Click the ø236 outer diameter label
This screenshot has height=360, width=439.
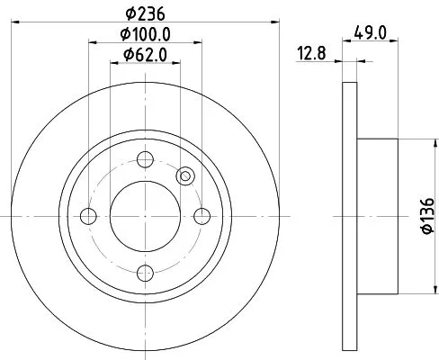(144, 13)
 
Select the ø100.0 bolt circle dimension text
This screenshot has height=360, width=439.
(146, 36)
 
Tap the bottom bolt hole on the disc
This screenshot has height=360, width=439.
(145, 271)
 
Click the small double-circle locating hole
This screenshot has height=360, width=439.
(185, 176)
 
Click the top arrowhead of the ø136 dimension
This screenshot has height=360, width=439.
(416, 142)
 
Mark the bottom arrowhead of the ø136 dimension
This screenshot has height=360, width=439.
(416, 290)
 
